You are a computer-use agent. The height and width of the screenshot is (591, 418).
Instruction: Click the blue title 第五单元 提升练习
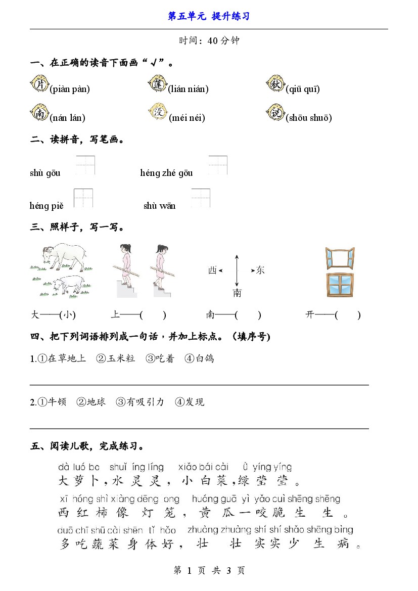click(209, 16)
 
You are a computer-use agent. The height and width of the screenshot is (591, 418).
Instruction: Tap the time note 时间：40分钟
click(209, 41)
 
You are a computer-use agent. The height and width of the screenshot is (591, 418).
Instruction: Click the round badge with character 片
click(39, 84)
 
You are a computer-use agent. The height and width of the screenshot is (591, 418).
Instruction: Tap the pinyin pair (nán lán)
click(67, 118)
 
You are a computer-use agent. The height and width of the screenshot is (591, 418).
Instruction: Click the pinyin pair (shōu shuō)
click(308, 118)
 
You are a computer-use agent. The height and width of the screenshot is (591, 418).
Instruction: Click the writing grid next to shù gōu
click(85, 165)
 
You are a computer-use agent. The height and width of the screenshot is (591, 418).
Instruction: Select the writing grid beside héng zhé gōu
click(217, 165)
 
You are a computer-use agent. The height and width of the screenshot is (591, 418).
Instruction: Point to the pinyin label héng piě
click(47, 206)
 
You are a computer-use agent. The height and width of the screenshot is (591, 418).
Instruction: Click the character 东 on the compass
click(260, 270)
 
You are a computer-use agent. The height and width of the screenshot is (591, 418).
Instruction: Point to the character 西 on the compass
click(212, 270)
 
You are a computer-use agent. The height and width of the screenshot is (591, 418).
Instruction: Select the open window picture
click(340, 258)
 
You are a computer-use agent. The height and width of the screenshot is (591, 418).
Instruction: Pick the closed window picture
click(340, 285)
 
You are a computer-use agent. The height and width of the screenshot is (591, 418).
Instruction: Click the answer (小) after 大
click(67, 315)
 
